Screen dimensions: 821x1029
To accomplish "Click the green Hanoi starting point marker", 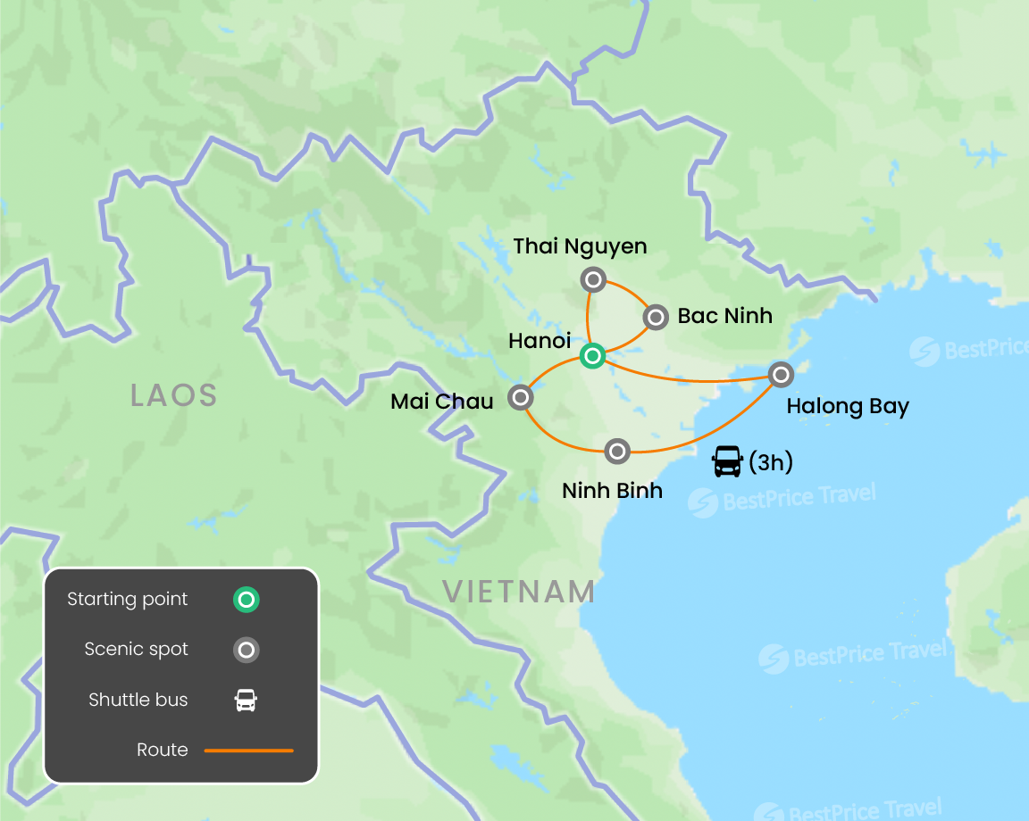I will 592,357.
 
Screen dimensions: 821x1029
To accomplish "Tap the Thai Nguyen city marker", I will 593,279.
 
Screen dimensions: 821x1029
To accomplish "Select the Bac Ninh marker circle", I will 656,317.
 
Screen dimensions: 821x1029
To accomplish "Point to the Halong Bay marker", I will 781,374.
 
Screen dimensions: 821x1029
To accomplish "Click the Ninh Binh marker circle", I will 617,452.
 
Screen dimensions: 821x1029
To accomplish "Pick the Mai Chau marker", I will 520,397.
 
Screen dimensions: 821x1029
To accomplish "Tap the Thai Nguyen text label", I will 580,245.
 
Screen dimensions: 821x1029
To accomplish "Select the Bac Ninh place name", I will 724,316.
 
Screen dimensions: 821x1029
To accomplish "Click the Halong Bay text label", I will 848,407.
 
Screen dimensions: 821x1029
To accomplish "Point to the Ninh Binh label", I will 612,489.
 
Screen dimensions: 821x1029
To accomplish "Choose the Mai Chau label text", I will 442,402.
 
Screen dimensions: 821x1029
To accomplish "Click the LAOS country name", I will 174,394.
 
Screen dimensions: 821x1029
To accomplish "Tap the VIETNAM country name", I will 519,591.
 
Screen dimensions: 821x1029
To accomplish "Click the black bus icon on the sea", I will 727,461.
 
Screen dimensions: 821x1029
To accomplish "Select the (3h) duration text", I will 771,461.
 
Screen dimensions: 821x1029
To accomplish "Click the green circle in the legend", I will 246,600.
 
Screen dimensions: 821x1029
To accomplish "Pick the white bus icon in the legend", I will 246,701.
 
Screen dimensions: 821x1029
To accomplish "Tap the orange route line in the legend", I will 248,751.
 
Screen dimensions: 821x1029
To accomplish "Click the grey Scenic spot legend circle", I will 246,650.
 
